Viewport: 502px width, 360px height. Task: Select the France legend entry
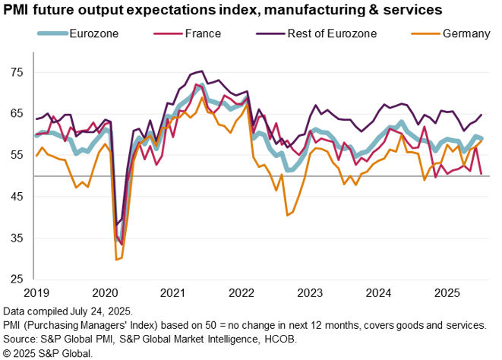(201, 33)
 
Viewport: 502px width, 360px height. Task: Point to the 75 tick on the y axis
(17, 72)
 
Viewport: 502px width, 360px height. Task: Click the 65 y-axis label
(17, 113)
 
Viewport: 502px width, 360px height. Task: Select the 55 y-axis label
(17, 155)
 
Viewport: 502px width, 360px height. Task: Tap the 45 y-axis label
(17, 197)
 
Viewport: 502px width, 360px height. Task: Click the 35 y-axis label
(17, 238)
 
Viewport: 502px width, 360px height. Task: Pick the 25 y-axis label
(17, 280)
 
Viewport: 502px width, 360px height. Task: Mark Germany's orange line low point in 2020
(117, 260)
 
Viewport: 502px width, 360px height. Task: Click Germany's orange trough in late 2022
(287, 216)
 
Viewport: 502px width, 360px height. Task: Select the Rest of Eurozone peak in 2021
(200, 71)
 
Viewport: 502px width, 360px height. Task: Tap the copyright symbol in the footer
(8, 353)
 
